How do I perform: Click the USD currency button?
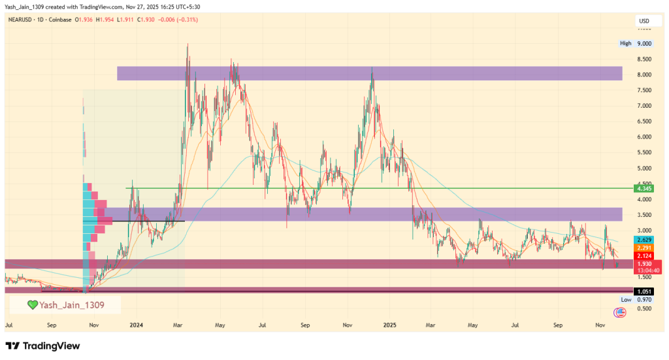tap(643, 22)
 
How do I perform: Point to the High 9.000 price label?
tap(636, 44)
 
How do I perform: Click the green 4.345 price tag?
tap(644, 189)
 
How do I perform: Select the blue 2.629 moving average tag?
tap(644, 239)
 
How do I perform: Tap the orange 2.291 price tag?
tap(644, 248)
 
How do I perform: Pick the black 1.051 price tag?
tap(644, 291)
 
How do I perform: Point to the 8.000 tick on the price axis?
tap(644, 74)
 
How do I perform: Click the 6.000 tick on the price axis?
tap(644, 137)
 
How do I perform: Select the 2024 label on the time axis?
tap(136, 324)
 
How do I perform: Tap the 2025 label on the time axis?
tap(390, 324)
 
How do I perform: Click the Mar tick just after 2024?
tap(178, 324)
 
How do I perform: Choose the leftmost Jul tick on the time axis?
tap(9, 324)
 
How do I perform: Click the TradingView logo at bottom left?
tap(42, 346)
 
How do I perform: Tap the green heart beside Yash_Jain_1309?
tap(32, 305)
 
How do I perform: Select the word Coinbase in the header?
tap(60, 20)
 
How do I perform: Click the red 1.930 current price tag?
tap(644, 263)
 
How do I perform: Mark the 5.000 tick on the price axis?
tap(644, 169)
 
